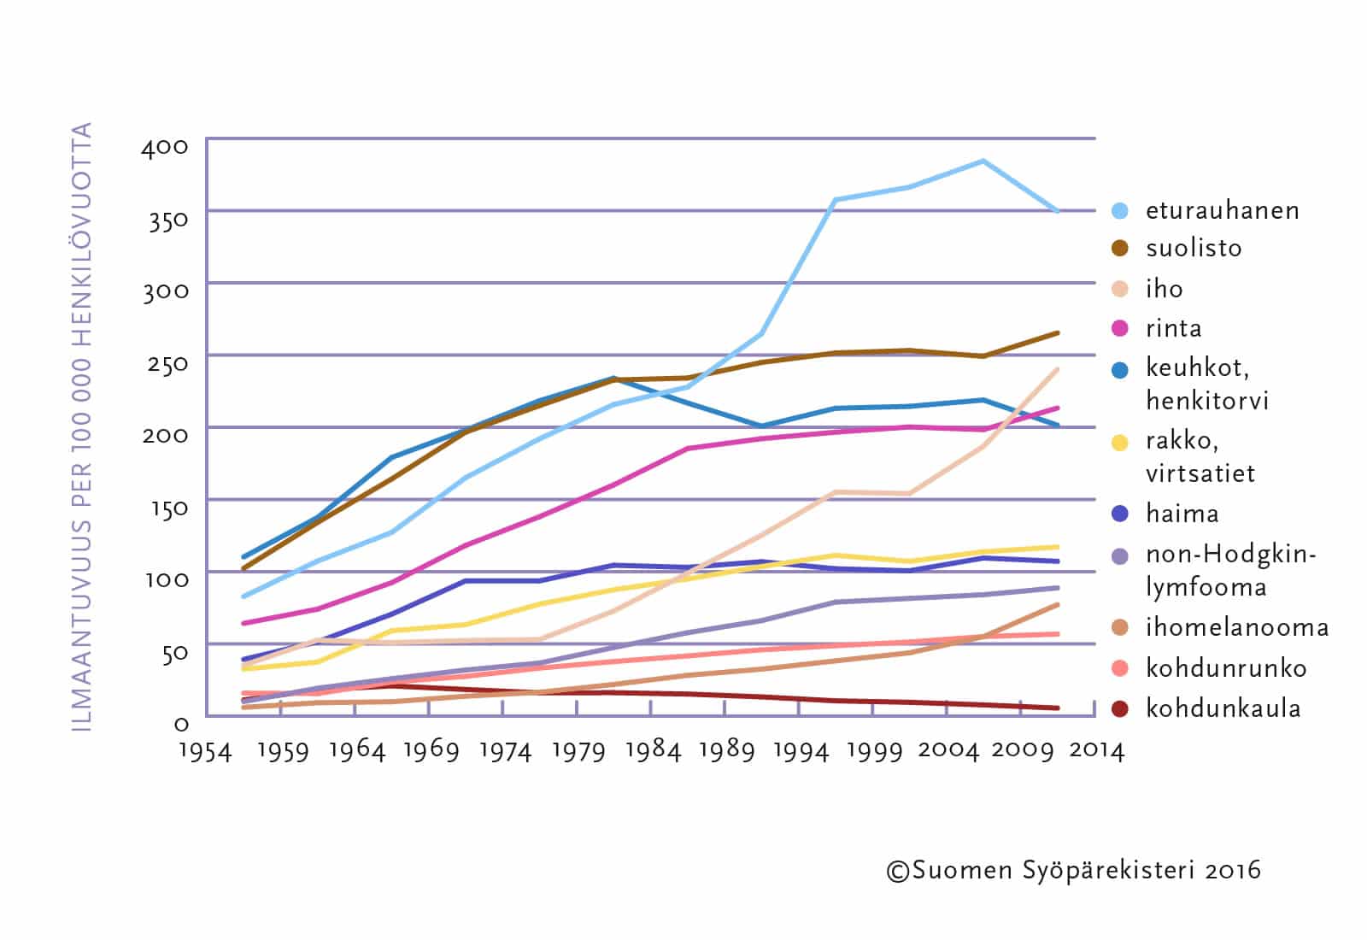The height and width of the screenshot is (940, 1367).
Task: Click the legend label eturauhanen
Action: (x=1222, y=210)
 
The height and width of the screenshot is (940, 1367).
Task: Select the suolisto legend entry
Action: (x=1194, y=248)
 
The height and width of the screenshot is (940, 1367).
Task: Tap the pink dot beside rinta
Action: (x=1120, y=328)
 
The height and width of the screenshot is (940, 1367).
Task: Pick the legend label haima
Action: (x=1182, y=514)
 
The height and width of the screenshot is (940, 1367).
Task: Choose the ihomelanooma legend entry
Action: (x=1237, y=628)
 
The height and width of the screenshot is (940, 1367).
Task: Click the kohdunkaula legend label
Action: (x=1223, y=708)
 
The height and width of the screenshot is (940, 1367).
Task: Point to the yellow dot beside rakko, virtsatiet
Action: (x=1120, y=442)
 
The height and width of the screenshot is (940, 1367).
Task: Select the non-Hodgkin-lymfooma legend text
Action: (x=1230, y=571)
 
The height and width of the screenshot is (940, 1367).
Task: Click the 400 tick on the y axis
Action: (x=165, y=147)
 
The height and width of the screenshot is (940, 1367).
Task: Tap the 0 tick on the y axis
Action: (x=180, y=725)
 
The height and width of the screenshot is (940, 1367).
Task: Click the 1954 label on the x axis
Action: (x=205, y=751)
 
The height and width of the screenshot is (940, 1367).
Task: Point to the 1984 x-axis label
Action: (x=653, y=751)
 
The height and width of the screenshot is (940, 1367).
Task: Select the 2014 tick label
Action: (x=1097, y=751)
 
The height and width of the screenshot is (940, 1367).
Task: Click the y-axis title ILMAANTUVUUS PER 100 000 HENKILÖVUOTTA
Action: (x=82, y=427)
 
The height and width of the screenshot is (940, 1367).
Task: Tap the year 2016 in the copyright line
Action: (x=1233, y=871)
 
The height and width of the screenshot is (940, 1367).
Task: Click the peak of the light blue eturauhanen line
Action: (x=983, y=161)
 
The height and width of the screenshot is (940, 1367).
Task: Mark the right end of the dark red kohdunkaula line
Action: (x=1058, y=708)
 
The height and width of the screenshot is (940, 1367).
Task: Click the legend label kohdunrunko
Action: (x=1226, y=668)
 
